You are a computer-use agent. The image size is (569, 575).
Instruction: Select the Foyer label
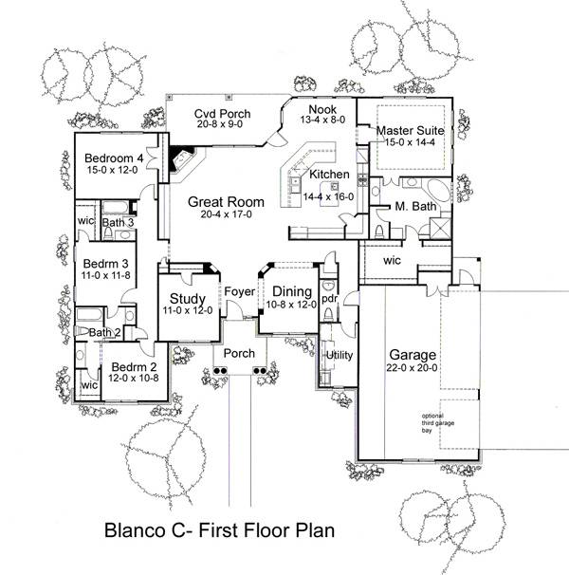click(x=240, y=291)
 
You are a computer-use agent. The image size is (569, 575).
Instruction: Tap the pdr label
click(x=329, y=298)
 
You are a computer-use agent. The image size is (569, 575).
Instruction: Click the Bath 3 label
click(x=118, y=222)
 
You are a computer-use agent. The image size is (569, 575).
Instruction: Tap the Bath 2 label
click(x=104, y=332)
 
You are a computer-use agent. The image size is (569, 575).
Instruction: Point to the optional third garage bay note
click(x=445, y=421)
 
